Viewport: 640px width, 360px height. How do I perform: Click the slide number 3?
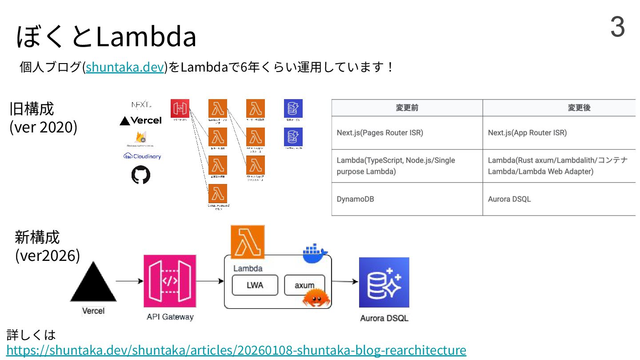[617, 27]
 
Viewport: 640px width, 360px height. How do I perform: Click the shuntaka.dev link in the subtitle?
[125, 68]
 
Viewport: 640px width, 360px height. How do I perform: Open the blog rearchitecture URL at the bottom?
[236, 350]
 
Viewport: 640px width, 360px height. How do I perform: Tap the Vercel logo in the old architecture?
[140, 120]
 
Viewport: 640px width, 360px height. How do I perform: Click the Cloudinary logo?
[142, 156]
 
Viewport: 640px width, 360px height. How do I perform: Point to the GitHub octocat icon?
[141, 175]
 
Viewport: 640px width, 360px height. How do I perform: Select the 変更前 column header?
[407, 108]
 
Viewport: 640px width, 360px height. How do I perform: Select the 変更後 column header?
[579, 108]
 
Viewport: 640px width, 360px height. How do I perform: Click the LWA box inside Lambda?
[255, 285]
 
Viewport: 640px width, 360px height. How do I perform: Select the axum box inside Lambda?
[304, 285]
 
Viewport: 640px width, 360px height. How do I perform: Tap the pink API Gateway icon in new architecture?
[170, 281]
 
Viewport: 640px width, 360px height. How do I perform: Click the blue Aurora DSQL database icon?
[384, 282]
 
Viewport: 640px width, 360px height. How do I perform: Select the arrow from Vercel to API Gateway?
[129, 281]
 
